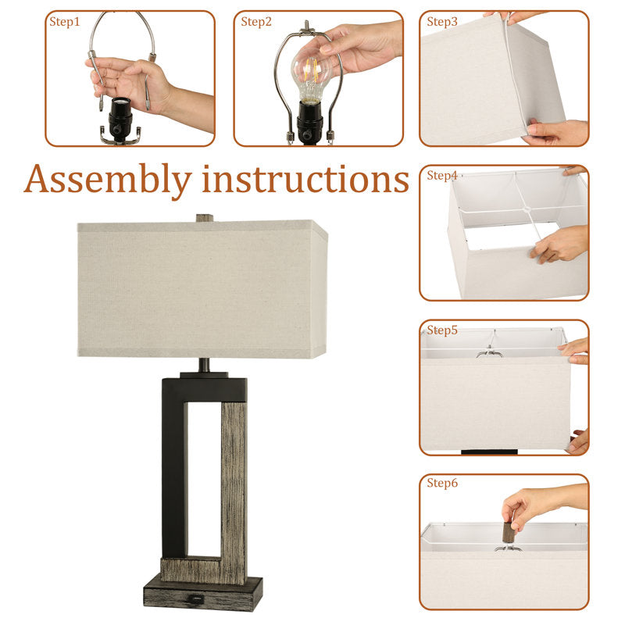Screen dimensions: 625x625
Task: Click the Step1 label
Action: coord(65,22)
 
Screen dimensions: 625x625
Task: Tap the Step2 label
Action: coord(256,22)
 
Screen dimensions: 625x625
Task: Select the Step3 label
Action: coord(442,22)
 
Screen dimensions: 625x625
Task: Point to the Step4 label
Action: coord(442,175)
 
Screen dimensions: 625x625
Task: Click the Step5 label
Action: coord(442,330)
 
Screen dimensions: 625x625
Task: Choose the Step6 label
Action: coord(442,483)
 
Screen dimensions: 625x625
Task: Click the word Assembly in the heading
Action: coord(108,180)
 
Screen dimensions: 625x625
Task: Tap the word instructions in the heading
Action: coord(305,180)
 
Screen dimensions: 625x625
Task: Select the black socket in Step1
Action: coord(120,118)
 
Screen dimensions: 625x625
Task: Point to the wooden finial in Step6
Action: coord(509,532)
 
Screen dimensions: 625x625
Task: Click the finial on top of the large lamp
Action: coord(205,218)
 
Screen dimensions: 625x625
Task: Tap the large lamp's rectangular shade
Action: coord(202,288)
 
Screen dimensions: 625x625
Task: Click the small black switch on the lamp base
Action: coord(195,598)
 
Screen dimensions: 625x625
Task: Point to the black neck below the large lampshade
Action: coord(204,365)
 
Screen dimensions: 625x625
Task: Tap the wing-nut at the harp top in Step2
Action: coord(307,28)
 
